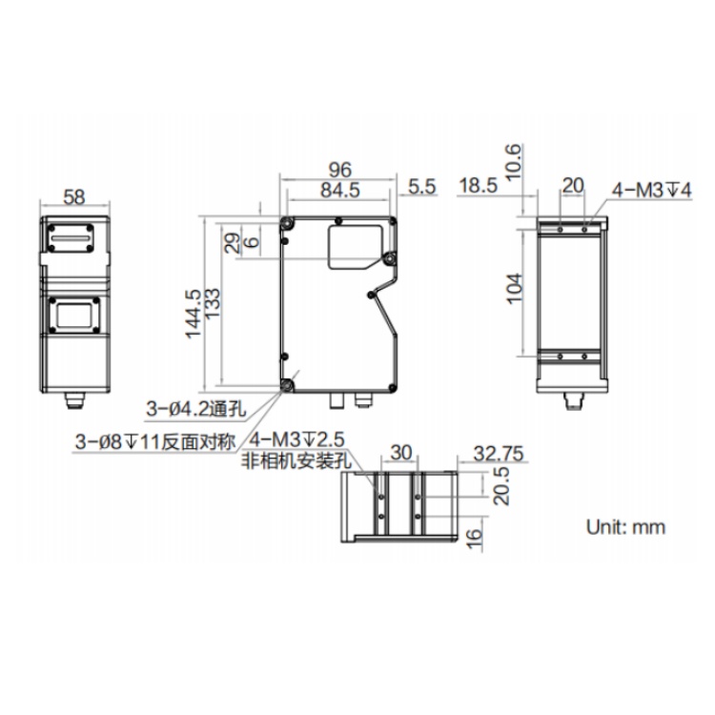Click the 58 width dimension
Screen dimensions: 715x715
pos(74,197)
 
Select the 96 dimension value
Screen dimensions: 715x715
pos(340,170)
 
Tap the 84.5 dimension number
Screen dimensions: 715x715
pos(340,190)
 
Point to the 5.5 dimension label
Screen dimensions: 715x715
pos(421,187)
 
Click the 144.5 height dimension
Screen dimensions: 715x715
pos(194,314)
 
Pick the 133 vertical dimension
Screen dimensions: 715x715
pos(213,303)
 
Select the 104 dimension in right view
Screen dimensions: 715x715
pos(515,288)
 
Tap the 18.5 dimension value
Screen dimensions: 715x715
pos(478,186)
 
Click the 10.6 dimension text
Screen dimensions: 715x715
pos(513,161)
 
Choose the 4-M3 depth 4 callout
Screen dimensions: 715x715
pos(652,190)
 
